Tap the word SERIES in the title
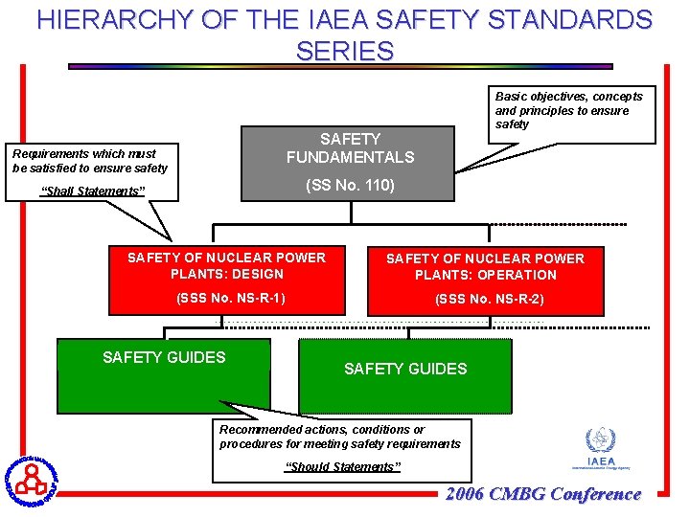[345, 51]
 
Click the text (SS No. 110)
[350, 186]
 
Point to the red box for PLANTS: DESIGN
[227, 279]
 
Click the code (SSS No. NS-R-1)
[231, 298]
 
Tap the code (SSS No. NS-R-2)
[490, 300]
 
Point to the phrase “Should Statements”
[344, 467]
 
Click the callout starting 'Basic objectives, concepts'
[569, 110]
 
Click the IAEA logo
[601, 449]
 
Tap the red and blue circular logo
[31, 480]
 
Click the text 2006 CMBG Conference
[543, 494]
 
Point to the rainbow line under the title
[339, 66]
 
